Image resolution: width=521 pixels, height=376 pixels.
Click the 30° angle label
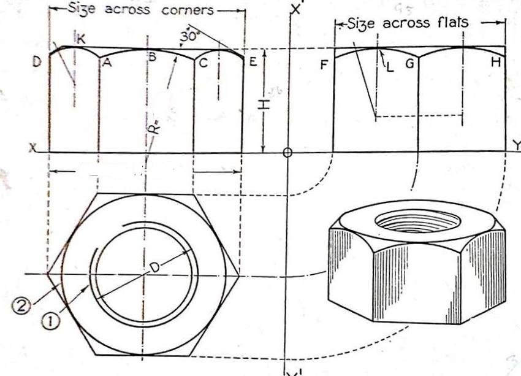point(188,36)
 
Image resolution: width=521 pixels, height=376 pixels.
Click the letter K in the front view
point(82,39)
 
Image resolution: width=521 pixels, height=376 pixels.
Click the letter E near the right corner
point(253,62)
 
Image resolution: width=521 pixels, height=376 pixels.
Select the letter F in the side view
point(324,63)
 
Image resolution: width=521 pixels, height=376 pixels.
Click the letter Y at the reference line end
point(516,146)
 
